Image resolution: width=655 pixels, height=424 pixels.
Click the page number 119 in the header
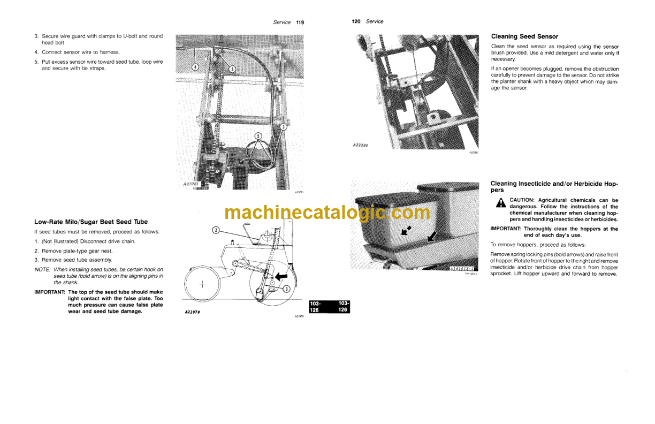pos(300,22)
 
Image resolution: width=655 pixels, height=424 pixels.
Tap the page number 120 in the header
pos(356,21)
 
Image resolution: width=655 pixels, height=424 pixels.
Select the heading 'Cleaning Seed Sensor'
pos(524,36)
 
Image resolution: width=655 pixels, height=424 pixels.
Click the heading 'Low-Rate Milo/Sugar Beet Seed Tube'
pos(91,222)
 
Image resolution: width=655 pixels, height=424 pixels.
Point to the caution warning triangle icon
pos(500,203)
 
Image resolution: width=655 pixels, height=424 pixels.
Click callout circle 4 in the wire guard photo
pos(195,67)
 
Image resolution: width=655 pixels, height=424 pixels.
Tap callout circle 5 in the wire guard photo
pos(258,136)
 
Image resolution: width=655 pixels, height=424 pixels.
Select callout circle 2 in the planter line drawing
pos(215,230)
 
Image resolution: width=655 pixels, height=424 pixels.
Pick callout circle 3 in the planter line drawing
pos(286,289)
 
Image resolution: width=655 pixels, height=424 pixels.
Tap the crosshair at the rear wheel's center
pos(202,285)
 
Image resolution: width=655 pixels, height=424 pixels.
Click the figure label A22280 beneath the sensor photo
pos(364,145)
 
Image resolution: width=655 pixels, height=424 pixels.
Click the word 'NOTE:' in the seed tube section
pos(43,270)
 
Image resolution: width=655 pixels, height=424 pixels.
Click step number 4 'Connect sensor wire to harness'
pos(36,52)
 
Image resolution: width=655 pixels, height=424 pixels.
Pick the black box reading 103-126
pos(329,307)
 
